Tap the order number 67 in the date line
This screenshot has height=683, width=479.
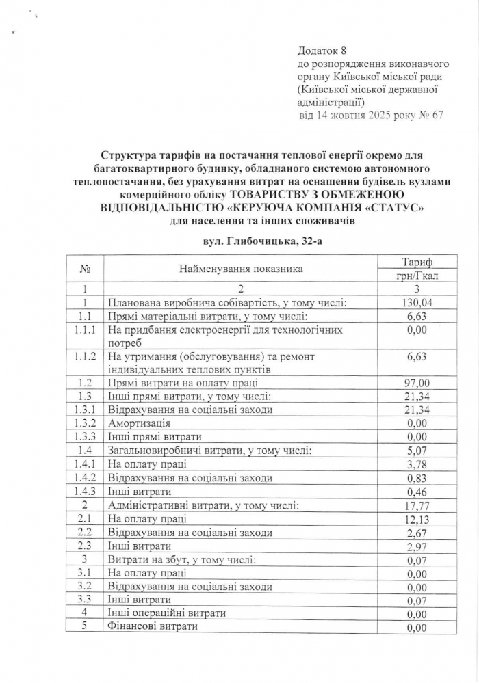(437, 114)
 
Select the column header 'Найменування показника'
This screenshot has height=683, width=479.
(241, 269)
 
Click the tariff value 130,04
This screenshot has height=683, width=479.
(417, 302)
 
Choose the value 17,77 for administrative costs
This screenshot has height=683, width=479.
(417, 505)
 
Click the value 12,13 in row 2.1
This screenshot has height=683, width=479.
(417, 519)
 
